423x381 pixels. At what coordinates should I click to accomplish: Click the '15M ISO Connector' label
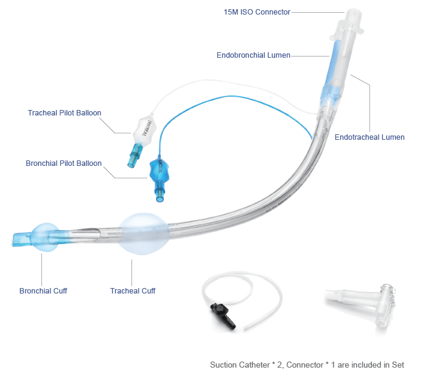[x=257, y=12]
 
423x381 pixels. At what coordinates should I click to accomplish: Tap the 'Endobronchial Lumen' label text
[x=253, y=55]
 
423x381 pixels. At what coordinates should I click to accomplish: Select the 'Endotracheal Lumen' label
[x=369, y=137]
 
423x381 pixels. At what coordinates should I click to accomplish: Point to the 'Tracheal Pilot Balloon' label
[x=65, y=112]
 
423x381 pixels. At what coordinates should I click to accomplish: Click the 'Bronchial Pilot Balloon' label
[x=63, y=163]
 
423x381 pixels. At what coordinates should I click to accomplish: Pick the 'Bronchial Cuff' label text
[x=43, y=291]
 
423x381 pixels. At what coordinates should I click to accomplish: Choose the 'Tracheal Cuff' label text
[x=133, y=291]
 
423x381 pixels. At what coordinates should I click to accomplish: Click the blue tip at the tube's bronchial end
[x=19, y=238]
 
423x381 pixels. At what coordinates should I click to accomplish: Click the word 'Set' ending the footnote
[x=397, y=365]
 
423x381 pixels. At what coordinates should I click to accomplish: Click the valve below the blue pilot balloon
[x=160, y=195]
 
